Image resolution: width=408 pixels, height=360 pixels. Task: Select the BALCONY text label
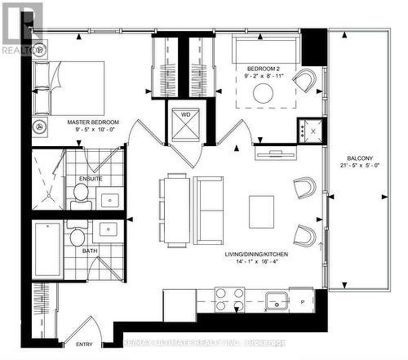(x=358, y=159)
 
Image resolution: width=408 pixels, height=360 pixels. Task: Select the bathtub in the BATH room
(x=47, y=250)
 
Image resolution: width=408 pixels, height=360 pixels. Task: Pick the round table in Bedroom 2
(x=264, y=94)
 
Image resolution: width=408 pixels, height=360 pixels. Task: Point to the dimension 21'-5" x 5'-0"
(x=358, y=168)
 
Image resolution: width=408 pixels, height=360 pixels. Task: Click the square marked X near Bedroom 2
(x=312, y=129)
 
